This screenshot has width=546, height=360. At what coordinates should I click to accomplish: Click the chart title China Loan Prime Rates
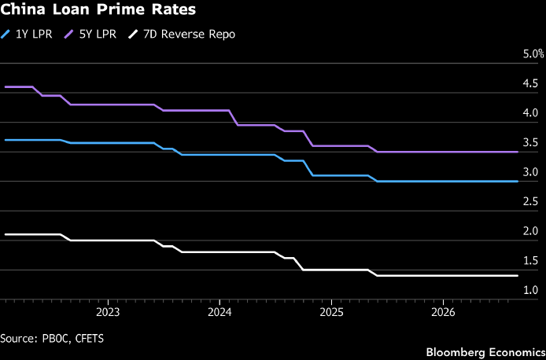[x=98, y=9]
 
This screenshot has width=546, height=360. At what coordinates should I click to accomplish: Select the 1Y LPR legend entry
[x=27, y=35]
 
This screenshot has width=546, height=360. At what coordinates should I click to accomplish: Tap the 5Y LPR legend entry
[x=90, y=35]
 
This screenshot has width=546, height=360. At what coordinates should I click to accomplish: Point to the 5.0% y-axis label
[x=533, y=54]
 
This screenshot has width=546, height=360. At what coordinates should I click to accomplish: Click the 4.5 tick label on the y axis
[x=531, y=83]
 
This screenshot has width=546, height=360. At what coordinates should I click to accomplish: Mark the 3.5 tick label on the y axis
[x=531, y=142]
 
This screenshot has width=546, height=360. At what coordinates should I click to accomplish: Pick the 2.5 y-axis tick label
[x=531, y=202]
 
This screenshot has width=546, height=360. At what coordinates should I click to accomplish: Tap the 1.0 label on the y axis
[x=531, y=290]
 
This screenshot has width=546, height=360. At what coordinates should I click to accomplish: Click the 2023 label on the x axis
[x=108, y=313]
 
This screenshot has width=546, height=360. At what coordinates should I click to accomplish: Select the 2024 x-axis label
[x=220, y=313]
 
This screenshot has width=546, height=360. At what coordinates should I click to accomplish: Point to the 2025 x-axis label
[x=331, y=313]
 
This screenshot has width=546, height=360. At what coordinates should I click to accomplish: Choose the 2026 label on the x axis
[x=443, y=313]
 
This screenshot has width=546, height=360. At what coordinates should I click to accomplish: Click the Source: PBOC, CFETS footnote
[x=52, y=339]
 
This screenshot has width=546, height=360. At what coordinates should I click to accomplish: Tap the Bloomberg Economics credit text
[x=485, y=352]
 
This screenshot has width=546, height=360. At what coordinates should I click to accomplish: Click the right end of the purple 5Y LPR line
[x=518, y=152]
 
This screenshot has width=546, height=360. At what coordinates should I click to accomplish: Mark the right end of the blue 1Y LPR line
[x=518, y=182]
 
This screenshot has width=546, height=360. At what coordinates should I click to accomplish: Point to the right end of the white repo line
[x=518, y=275]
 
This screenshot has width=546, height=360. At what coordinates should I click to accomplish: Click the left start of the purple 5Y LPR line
[x=6, y=87]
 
